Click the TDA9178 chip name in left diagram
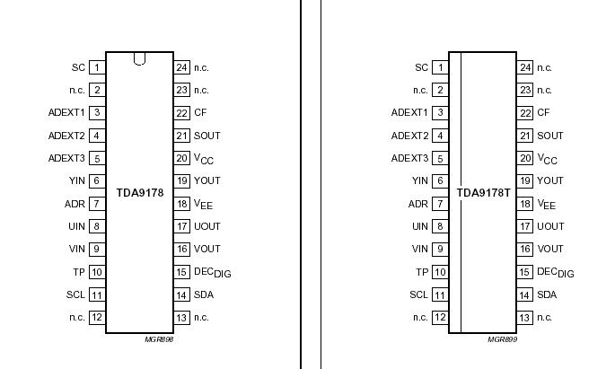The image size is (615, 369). pyautogui.click(x=139, y=192)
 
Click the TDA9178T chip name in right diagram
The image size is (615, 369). pyautogui.click(x=484, y=192)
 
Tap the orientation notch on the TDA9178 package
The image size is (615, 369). pyautogui.click(x=139, y=59)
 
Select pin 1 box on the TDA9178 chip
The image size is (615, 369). pyautogui.click(x=96, y=67)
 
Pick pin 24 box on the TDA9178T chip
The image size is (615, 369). pyautogui.click(x=526, y=67)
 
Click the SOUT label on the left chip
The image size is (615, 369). pyautogui.click(x=207, y=136)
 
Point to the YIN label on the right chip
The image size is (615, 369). pyautogui.click(x=420, y=180)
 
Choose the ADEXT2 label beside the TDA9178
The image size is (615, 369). pyautogui.click(x=66, y=136)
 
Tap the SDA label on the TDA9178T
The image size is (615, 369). pyautogui.click(x=546, y=294)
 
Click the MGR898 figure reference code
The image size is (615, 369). pyautogui.click(x=159, y=340)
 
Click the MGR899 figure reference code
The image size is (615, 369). pyautogui.click(x=503, y=340)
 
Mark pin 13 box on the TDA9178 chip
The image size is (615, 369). pyautogui.click(x=182, y=317)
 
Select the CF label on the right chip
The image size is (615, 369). pyautogui.click(x=543, y=113)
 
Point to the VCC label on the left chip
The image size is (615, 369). pyautogui.click(x=206, y=159)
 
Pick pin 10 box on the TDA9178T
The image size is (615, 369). pyautogui.click(x=440, y=272)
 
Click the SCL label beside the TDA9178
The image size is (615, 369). pyautogui.click(x=75, y=294)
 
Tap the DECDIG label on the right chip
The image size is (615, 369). pyautogui.click(x=556, y=272)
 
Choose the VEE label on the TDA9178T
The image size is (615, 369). pyautogui.click(x=547, y=205)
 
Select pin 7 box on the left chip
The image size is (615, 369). pyautogui.click(x=96, y=204)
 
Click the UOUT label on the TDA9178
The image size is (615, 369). pyautogui.click(x=207, y=226)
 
